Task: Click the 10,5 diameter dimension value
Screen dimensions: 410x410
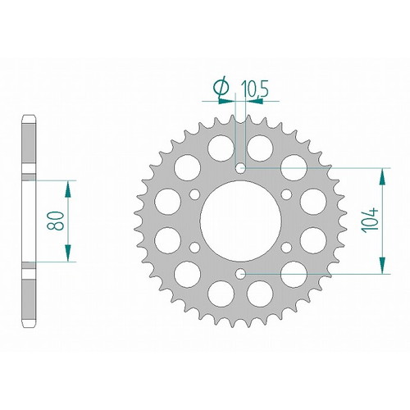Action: point(254,89)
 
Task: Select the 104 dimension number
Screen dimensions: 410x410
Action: point(370,221)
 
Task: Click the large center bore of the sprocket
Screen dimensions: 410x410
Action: point(240,221)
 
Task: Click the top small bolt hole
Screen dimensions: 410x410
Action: point(240,168)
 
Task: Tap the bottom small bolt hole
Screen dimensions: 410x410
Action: point(240,274)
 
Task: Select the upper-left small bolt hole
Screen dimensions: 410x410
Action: point(195,194)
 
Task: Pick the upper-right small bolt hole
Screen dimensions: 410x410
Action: point(286,194)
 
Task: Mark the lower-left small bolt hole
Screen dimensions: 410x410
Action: point(195,248)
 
